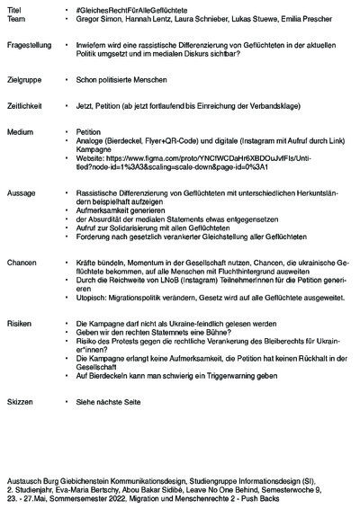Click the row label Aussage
(x=21, y=192)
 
